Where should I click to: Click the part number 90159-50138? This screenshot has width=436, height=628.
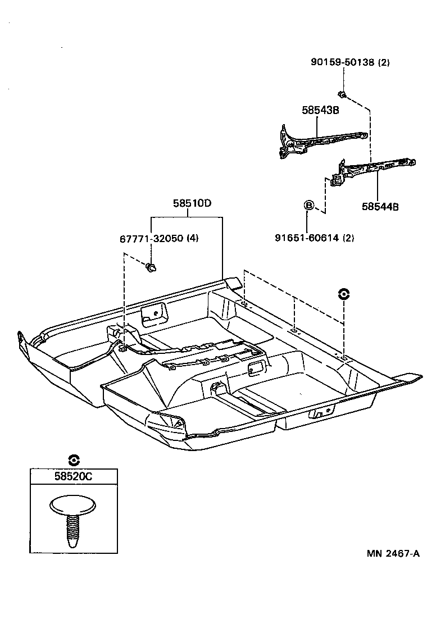coord(343,62)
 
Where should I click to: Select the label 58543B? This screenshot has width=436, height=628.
coord(320,110)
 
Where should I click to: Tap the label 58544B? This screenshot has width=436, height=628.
coord(380,207)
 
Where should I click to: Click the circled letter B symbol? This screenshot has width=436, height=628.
coord(308,206)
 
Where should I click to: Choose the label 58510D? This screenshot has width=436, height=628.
coord(192,203)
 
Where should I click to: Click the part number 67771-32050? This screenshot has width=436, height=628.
coord(152,238)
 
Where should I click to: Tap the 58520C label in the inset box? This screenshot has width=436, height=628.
coord(74,476)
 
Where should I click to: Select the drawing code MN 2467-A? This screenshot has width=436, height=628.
coord(393,553)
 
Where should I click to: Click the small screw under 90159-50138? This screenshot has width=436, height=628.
coord(342,94)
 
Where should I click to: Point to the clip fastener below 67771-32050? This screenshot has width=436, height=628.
coord(151,267)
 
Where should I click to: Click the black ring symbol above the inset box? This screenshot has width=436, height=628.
coord(74,460)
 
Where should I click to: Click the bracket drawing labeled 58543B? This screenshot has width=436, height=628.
coord(323,142)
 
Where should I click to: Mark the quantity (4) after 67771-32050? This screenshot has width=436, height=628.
coord(193,238)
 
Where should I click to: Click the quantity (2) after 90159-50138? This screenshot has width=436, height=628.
coord(384,62)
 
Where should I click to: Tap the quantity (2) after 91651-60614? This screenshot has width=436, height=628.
coord(348,238)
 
